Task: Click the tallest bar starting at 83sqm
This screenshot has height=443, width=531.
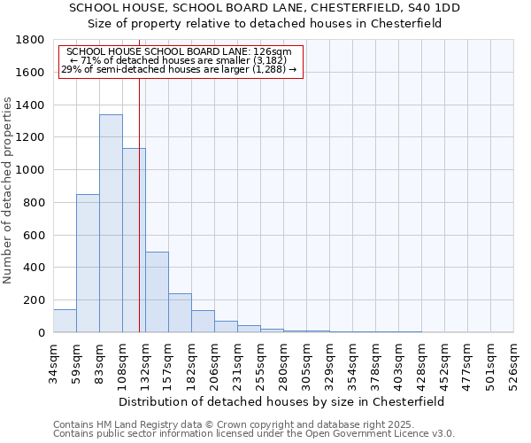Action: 111,223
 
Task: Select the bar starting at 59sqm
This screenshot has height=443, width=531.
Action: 88,263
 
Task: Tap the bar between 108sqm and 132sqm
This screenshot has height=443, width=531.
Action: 134,240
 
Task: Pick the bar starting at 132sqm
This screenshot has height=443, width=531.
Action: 157,292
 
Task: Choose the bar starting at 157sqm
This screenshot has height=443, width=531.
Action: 180,313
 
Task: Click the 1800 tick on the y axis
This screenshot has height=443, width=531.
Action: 31,40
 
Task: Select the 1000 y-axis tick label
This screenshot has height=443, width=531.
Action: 31,170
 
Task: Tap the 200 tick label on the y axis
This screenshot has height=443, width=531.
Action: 35,300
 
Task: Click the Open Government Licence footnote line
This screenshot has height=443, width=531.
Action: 254,434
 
